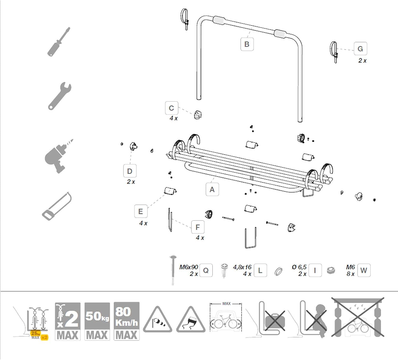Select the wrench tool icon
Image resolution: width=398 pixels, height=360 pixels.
pos(60,96)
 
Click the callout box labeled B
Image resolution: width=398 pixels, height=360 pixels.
pos(247,44)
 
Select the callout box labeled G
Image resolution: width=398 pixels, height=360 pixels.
pos(360,49)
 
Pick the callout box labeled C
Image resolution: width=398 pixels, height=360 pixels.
pos(171,108)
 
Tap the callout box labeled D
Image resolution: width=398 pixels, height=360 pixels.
pos(130,171)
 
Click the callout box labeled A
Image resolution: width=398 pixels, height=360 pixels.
pos(212,190)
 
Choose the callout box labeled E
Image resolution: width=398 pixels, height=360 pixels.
pos(141,212)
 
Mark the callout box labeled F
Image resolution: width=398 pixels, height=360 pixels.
pos(198,227)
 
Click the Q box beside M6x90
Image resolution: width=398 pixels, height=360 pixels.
pos(206,271)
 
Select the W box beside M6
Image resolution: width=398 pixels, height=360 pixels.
pos(364,271)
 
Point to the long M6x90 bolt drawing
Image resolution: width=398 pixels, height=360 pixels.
pos(173,270)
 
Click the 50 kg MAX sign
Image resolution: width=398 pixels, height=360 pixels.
pos(97,321)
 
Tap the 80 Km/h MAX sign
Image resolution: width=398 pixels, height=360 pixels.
pos(127,321)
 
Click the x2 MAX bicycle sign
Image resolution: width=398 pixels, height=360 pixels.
pos(68,321)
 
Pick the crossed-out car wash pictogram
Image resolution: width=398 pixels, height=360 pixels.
pos(357,318)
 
